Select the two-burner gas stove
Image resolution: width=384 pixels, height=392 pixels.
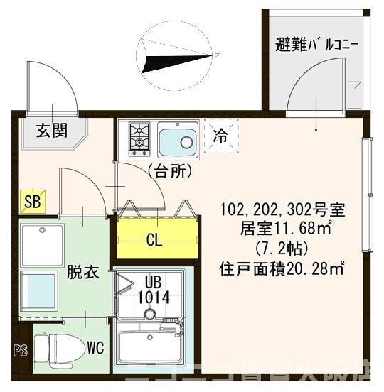click(x=139, y=139)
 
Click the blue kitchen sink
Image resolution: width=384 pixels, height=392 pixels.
click(x=176, y=140)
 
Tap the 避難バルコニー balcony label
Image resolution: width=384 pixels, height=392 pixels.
click(x=316, y=47)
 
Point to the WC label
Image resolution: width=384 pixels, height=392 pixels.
click(x=96, y=348)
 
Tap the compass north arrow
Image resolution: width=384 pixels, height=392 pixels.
click(x=178, y=57)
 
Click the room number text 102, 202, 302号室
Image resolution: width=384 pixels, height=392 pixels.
click(x=282, y=210)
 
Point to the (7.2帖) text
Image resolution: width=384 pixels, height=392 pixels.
click(x=282, y=249)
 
